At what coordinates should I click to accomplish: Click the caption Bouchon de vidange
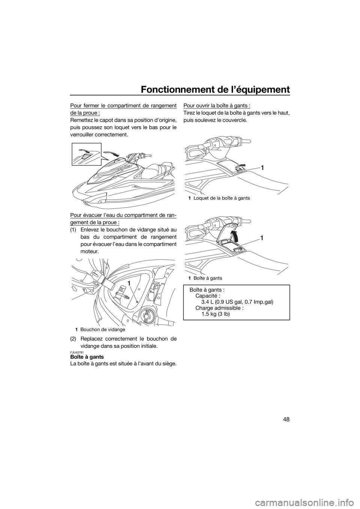point(102,329)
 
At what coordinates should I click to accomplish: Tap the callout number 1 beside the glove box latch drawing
point(262,168)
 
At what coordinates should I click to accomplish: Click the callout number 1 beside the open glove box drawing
point(262,238)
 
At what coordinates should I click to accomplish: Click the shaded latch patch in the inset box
point(86,156)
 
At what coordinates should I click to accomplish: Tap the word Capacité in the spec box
point(208,296)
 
